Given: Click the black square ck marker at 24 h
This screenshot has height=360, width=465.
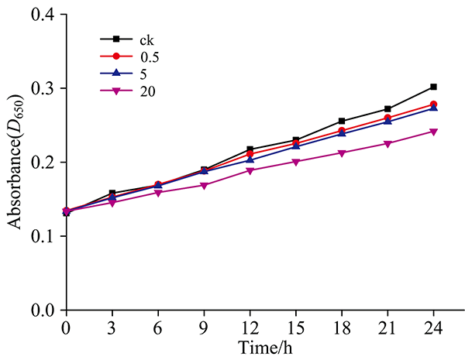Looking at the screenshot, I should point(433,87).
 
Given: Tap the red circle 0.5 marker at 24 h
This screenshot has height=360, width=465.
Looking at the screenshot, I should point(433,105).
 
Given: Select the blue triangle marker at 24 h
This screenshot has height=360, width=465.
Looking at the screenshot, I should point(433,108).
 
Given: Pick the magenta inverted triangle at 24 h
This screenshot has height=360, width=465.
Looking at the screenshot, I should point(433,132).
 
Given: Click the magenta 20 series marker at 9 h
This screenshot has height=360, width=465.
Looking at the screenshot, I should point(204,186).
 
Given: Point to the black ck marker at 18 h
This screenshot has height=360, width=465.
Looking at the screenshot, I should point(342,121).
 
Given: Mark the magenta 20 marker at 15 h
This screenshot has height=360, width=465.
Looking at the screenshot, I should point(296,162).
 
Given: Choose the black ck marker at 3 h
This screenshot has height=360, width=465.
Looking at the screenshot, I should point(112,193).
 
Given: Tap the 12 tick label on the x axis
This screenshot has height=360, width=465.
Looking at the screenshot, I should point(250,327).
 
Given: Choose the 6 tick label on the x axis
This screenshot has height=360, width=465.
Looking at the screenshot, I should point(158,327).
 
